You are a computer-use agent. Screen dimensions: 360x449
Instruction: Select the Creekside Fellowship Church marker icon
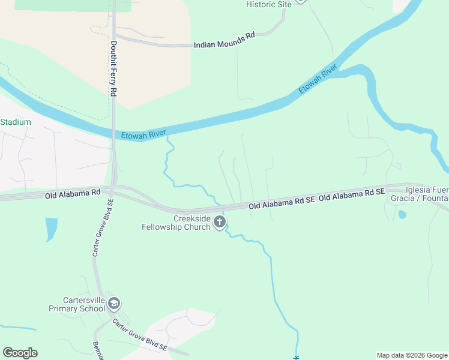click(220, 223)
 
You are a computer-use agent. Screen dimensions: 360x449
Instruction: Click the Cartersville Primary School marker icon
click(114, 304)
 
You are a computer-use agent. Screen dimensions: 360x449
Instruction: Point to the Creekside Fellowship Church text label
click(176, 223)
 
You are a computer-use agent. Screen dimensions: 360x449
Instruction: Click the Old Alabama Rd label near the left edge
click(73, 194)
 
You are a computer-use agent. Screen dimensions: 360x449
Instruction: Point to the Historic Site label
click(268, 4)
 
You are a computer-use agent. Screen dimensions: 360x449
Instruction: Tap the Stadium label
click(15, 122)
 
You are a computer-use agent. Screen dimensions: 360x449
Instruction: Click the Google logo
click(20, 353)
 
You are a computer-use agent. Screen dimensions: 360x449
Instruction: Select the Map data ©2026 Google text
click(411, 355)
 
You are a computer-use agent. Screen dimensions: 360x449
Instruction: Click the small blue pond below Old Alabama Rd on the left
click(51, 228)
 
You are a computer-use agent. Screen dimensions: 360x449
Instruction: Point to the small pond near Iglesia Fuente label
click(402, 214)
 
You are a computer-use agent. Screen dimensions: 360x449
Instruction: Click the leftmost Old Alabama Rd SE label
click(282, 204)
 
